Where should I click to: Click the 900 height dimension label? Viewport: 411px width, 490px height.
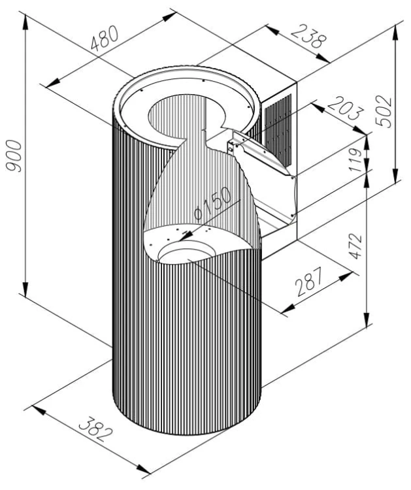[14, 156]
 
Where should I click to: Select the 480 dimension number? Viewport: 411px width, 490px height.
[105, 38]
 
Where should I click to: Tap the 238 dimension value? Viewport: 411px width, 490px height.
[308, 36]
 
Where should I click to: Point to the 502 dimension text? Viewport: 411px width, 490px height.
[384, 111]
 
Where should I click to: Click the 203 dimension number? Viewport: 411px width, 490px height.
[346, 108]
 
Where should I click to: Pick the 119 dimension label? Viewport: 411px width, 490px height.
[355, 159]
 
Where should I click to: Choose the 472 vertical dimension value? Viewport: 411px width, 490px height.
[355, 246]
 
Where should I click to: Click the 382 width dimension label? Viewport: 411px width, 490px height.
[95, 429]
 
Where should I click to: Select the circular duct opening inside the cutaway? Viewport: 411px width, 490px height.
[186, 253]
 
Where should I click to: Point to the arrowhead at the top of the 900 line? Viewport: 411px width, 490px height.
[25, 22]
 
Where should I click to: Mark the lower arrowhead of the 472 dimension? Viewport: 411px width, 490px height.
[368, 319]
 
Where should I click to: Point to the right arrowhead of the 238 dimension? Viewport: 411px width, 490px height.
[323, 58]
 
